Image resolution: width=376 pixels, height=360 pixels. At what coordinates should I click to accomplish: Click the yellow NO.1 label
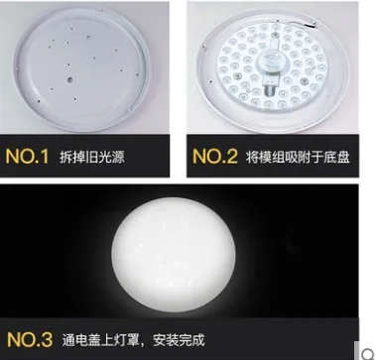click(x=27, y=157)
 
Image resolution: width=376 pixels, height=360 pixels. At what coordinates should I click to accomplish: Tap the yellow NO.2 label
click(x=215, y=157)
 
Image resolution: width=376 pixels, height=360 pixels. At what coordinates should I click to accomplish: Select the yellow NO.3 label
click(x=30, y=339)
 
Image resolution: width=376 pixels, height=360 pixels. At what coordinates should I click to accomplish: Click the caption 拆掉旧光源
click(x=92, y=157)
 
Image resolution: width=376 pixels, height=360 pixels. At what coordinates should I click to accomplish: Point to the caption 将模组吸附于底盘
click(x=298, y=157)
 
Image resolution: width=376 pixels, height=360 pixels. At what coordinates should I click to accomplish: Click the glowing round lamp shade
click(x=174, y=255)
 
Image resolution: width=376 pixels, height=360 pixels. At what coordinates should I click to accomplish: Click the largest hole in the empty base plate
click(x=69, y=79)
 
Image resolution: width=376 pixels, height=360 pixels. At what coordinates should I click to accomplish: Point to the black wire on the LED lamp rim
click(x=306, y=25)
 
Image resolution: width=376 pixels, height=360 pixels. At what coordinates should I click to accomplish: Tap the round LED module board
click(x=272, y=65)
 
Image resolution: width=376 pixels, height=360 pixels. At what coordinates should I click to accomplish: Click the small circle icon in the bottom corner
click(x=367, y=353)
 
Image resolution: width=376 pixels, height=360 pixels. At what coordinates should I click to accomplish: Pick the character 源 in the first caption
click(x=118, y=157)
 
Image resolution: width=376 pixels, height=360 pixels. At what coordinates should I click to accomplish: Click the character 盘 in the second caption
click(x=343, y=157)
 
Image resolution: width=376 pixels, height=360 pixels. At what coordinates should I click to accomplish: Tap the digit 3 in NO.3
click(x=46, y=339)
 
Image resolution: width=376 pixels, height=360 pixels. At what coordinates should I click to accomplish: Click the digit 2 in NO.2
click(x=231, y=157)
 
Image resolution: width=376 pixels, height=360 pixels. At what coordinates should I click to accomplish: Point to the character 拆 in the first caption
click(x=65, y=157)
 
